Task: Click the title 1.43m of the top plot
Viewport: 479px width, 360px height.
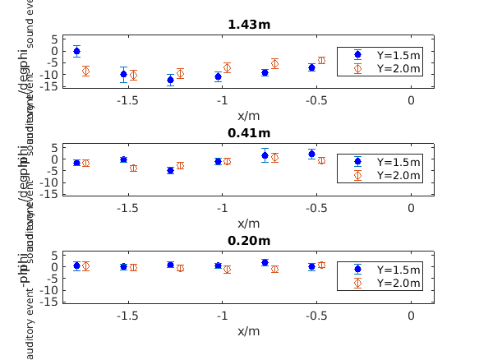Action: click(248, 25)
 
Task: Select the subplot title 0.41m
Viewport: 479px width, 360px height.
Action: click(248, 132)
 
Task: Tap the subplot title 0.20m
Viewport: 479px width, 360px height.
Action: click(248, 241)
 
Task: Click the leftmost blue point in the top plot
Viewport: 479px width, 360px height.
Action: click(76, 51)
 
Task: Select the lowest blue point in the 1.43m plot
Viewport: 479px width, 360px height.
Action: click(170, 80)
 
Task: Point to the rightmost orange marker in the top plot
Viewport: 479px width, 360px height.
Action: click(321, 60)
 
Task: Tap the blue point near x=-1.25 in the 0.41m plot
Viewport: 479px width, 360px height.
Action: click(170, 170)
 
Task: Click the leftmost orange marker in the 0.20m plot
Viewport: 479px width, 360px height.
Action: click(85, 266)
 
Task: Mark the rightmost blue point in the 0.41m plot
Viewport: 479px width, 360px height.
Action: click(311, 154)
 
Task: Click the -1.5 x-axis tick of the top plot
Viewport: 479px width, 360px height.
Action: click(127, 99)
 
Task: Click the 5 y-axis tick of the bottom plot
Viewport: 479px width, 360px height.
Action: click(53, 255)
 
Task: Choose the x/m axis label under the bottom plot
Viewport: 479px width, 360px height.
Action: click(248, 331)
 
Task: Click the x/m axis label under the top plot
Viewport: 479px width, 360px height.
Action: click(248, 115)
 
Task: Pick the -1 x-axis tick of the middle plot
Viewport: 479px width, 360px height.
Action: click(221, 208)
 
